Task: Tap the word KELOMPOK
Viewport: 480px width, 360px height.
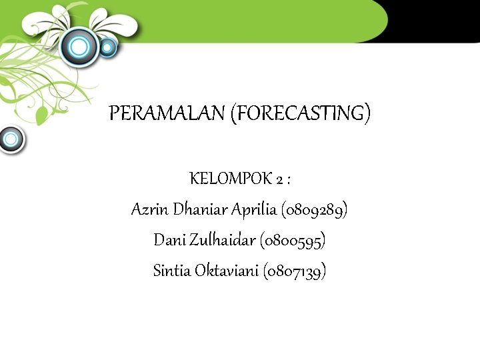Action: tap(231, 179)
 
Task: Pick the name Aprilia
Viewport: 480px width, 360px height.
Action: tap(253, 210)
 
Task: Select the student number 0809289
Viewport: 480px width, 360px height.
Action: tap(315, 210)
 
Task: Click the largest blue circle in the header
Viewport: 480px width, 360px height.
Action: tap(80, 46)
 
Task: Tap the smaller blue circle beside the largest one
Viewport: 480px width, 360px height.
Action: tap(107, 47)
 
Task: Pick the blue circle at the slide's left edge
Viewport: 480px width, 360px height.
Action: tap(10, 139)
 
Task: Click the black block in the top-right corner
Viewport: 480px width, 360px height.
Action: tap(433, 20)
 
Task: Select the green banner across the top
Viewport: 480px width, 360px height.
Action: tap(267, 20)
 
